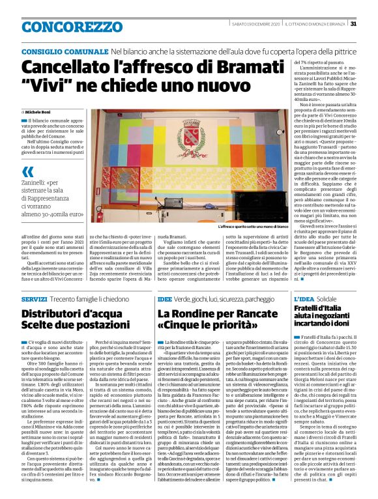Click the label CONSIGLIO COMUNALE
click(65, 51)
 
